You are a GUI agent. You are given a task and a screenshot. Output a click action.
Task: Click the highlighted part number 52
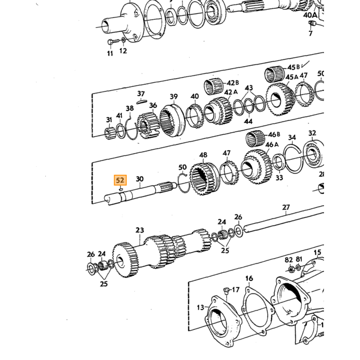[120, 180]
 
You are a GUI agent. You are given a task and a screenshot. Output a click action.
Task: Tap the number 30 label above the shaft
[139, 179]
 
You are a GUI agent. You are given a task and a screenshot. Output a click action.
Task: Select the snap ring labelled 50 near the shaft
[183, 183]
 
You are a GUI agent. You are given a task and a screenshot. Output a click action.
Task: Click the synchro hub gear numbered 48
[205, 178]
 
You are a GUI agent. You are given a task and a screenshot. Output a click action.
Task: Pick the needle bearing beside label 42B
[214, 86]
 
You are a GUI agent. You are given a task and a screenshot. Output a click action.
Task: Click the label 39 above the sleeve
[174, 97]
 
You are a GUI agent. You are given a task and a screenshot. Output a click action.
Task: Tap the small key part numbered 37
[141, 101]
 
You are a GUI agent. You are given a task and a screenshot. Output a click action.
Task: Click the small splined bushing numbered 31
[110, 133]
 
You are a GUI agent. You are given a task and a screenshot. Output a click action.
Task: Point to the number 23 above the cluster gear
[139, 230]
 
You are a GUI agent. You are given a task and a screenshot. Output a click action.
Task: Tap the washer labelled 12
[123, 40]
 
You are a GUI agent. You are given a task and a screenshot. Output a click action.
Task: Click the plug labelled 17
[226, 290]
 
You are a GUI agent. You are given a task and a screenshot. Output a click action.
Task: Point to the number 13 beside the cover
[201, 307]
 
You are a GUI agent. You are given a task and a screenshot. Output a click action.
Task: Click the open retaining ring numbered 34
[292, 159]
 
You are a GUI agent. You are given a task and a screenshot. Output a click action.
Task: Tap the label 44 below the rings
[248, 121]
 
